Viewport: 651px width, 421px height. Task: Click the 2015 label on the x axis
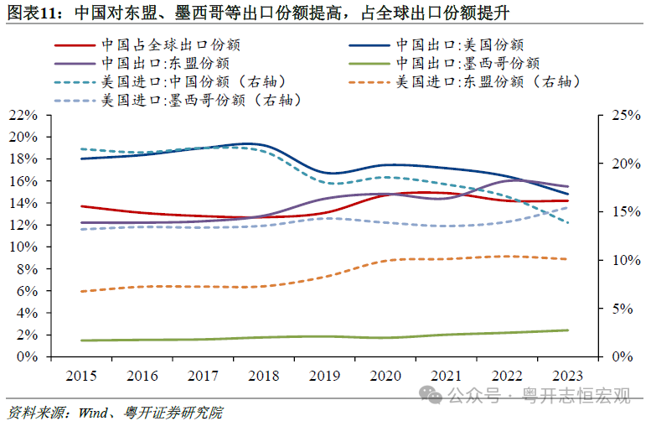tap(81, 376)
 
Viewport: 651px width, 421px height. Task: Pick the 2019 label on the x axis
tap(325, 376)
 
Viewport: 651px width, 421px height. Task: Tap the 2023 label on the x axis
tap(568, 376)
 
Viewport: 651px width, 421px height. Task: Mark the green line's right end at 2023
tap(569, 330)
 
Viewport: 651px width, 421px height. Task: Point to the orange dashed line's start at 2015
tap(81, 291)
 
